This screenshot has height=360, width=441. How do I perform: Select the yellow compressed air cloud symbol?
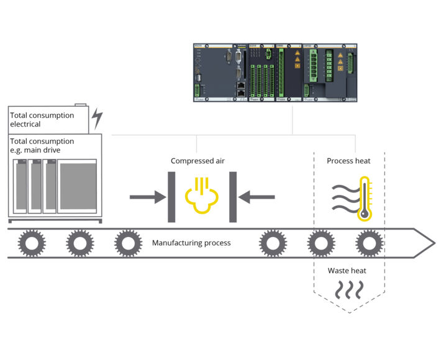[x=199, y=197]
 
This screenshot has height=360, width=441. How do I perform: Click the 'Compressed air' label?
[x=198, y=161]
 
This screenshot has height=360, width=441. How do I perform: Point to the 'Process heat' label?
[x=348, y=161]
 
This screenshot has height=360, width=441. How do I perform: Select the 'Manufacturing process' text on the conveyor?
[x=191, y=243]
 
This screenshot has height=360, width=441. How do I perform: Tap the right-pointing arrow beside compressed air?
[x=145, y=197]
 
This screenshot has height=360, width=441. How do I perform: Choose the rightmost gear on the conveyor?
[x=368, y=243]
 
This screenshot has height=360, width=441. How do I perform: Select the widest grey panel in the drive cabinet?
[x=77, y=187]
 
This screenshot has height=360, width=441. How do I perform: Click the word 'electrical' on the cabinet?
[x=25, y=124]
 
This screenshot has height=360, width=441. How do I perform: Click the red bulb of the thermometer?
[x=365, y=213]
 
